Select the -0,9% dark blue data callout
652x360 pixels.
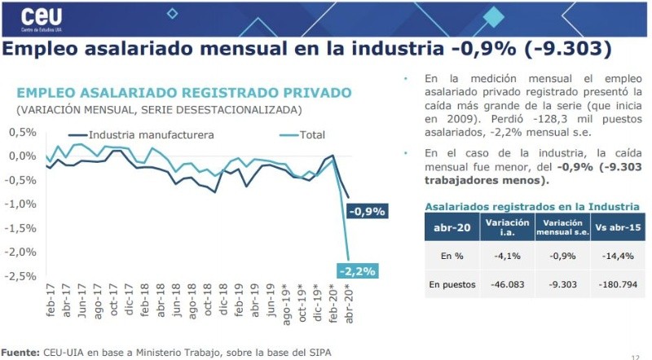367,212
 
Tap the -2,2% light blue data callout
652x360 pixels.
359,270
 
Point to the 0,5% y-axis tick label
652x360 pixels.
21,132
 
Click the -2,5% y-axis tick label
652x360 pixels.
20,276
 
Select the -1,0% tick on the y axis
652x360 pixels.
20,204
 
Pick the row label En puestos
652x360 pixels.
451,283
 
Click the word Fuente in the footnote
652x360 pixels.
20,351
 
